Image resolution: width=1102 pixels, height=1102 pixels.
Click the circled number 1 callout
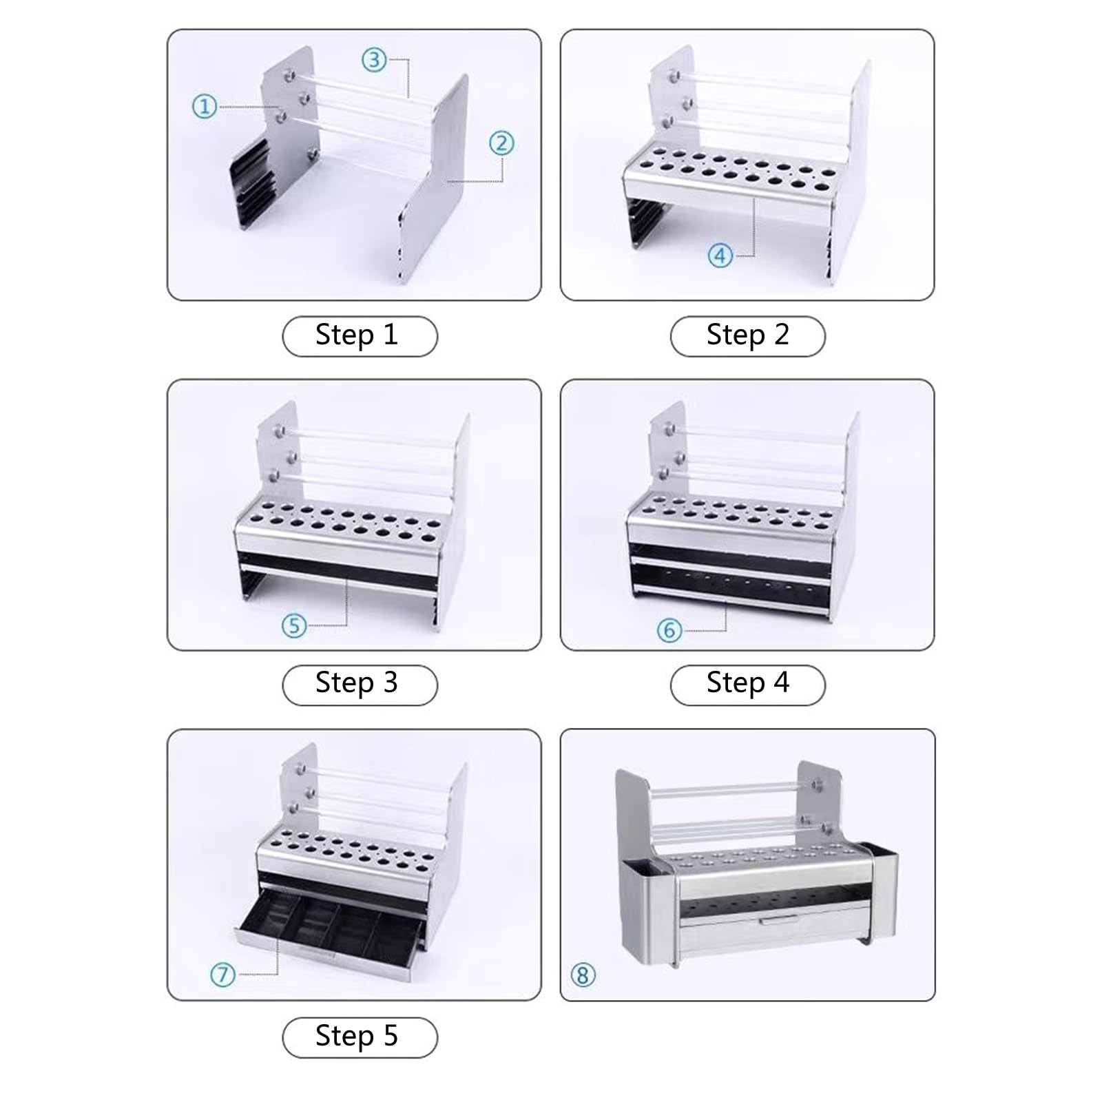coord(204,107)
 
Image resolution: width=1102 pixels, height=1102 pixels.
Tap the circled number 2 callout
coord(501,143)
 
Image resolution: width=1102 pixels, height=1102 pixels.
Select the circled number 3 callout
coord(374,60)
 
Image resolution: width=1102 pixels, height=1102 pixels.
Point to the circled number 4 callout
coord(720,256)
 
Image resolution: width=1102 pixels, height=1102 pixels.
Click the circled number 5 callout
coord(294,625)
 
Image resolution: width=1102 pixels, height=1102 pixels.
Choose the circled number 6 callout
coord(669,630)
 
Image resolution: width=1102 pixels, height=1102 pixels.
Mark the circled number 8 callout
coord(583,975)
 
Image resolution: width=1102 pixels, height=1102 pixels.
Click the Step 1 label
coord(359,336)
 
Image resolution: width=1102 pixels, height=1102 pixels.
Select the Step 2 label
coord(747,336)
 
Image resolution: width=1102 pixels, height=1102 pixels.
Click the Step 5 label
coord(359,1037)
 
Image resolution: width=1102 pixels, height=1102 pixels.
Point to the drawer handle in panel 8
coord(778,921)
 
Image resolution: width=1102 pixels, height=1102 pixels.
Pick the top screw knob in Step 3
coord(279,432)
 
